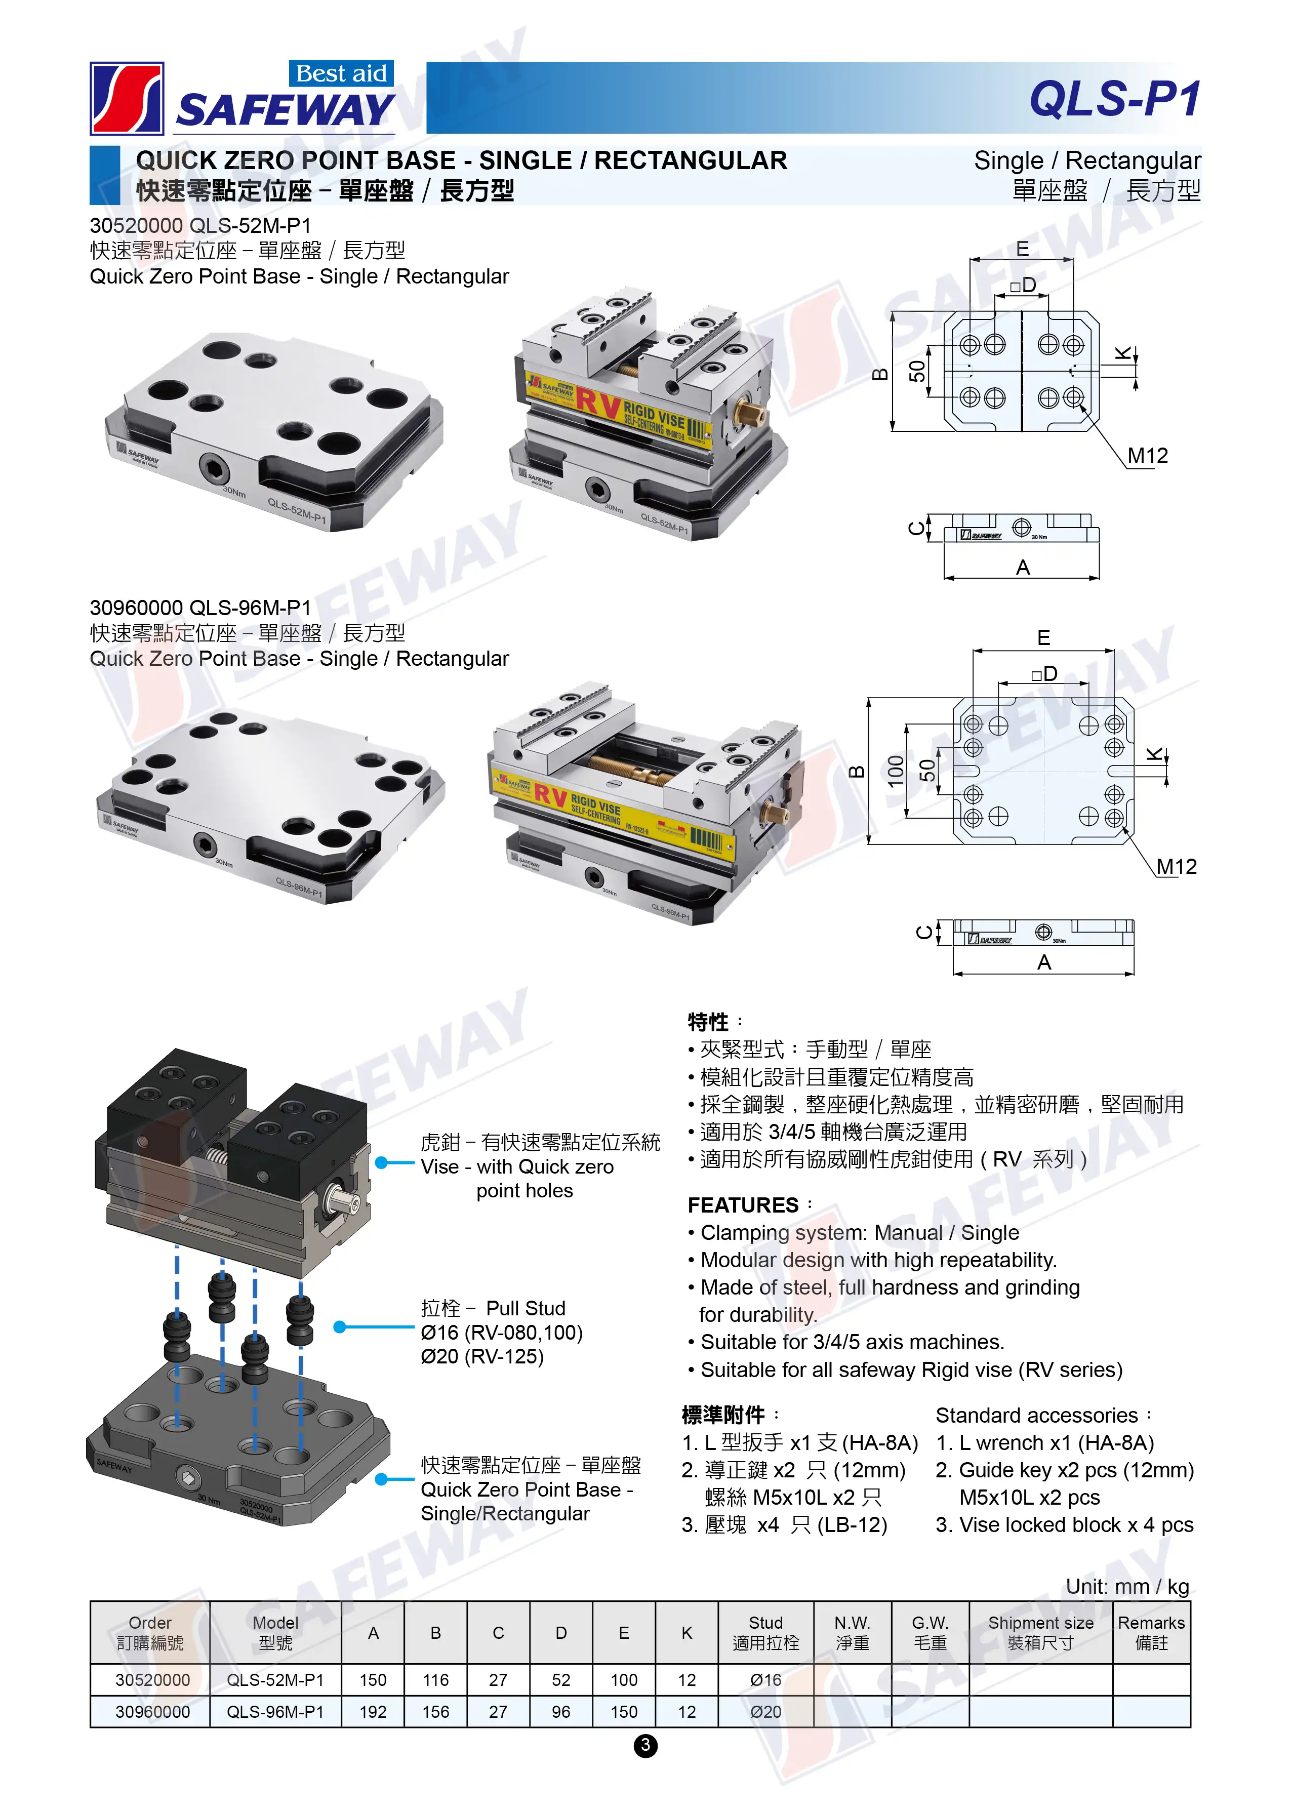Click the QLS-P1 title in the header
tap(1115, 99)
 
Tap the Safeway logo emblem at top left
tap(127, 99)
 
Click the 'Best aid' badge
tap(341, 73)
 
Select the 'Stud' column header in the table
tap(765, 1632)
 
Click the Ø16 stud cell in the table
tap(765, 1680)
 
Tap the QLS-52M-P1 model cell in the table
tap(275, 1680)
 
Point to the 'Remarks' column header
tap(1151, 1623)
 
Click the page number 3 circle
tap(645, 1745)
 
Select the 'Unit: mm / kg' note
tap(1127, 1586)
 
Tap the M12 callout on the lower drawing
tap(1176, 866)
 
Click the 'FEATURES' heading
tap(743, 1205)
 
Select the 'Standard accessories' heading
tap(1037, 1415)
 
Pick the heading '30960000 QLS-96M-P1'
tap(200, 608)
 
